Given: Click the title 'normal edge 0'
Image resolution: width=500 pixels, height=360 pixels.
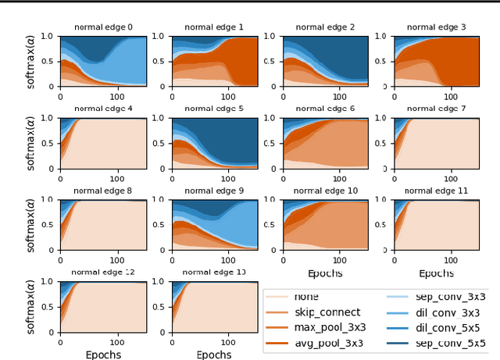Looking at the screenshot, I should click(x=103, y=27).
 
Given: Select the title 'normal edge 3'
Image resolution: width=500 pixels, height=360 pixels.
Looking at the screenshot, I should click(x=436, y=27).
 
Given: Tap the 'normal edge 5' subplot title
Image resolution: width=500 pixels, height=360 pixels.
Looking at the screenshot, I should click(x=214, y=109).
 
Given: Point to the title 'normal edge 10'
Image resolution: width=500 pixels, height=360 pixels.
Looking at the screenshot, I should click(x=325, y=191).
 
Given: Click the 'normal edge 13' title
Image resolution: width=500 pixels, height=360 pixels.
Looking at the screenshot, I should click(x=214, y=272).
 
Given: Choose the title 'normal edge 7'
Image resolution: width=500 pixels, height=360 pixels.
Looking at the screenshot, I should click(x=436, y=109).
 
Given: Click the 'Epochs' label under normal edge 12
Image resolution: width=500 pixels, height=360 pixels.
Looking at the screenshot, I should click(x=103, y=354).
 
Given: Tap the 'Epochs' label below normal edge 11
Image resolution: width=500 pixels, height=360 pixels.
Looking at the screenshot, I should click(x=436, y=273).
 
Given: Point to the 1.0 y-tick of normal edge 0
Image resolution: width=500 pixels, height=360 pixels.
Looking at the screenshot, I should click(x=48, y=36).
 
